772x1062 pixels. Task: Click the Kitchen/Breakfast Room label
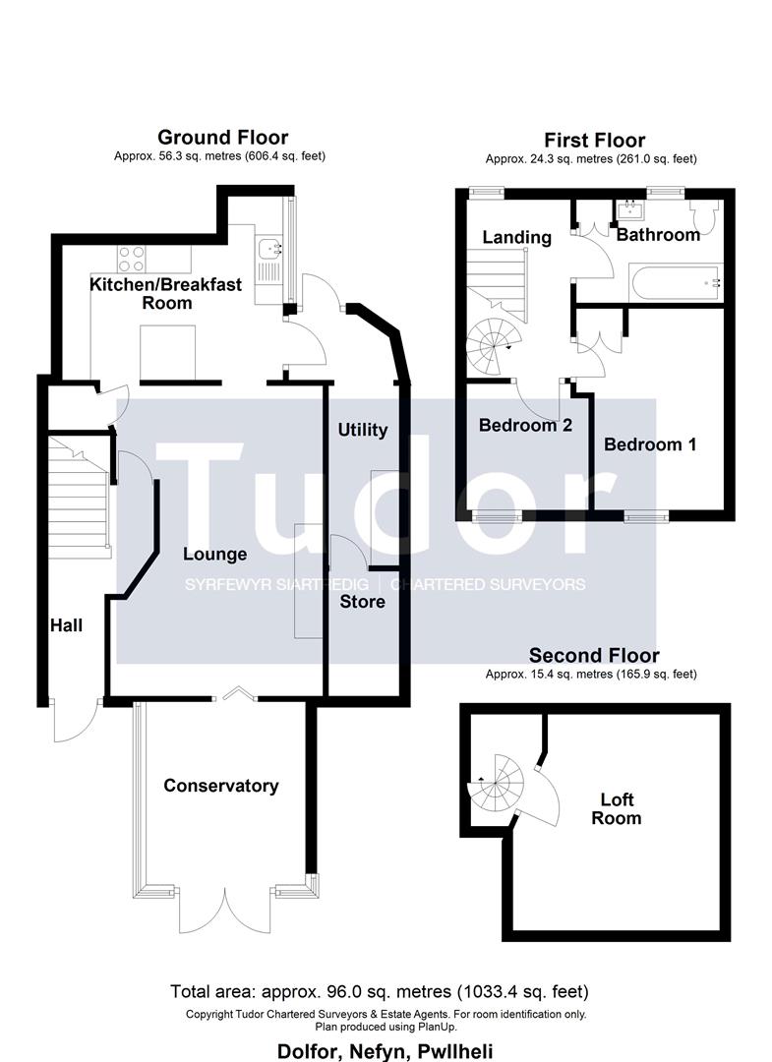[x=142, y=294]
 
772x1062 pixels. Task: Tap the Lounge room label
[x=215, y=554]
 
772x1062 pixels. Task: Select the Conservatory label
[x=221, y=786]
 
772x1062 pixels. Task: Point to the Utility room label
[x=363, y=430]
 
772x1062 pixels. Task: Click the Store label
[x=363, y=601]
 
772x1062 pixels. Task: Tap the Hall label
[x=67, y=625]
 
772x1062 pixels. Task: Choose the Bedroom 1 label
[x=650, y=444]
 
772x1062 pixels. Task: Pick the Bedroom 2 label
[x=525, y=426]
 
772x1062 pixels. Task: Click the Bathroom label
[x=658, y=235]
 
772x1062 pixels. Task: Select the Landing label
[x=516, y=237]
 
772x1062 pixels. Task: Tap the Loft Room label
[x=617, y=808]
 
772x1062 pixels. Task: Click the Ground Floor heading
[x=222, y=137]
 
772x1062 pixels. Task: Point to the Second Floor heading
[x=594, y=655]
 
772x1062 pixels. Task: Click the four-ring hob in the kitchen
[x=132, y=258]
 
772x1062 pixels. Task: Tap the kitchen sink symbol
[x=267, y=258]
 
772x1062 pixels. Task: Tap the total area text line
[x=380, y=991]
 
